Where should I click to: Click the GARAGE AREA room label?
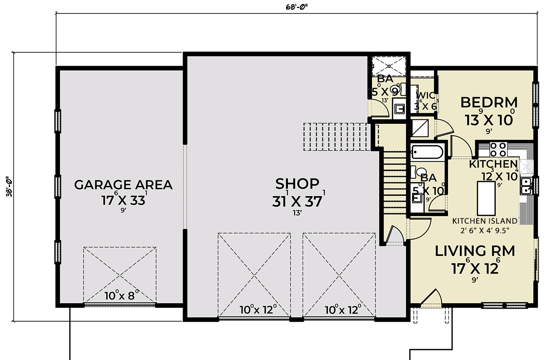point(123,185)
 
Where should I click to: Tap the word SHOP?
point(297,184)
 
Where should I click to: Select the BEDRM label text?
point(489,103)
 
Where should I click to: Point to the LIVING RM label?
point(474,251)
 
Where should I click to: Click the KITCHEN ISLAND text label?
point(484,221)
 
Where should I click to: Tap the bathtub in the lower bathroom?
point(427,152)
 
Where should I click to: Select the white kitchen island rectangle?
point(487,198)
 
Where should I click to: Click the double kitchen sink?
point(525,185)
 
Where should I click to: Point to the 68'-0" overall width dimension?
point(296,7)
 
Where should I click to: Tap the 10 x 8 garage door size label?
point(119,296)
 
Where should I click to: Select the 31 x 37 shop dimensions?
point(297,201)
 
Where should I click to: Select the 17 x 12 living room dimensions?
point(475,268)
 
